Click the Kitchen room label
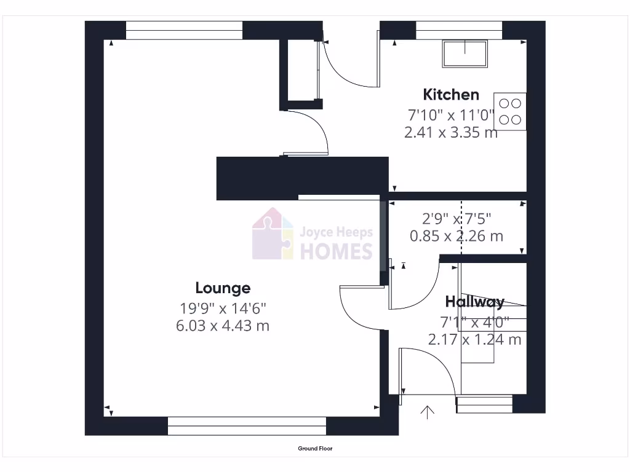[451, 95]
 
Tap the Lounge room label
[223, 288]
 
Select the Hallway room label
[475, 302]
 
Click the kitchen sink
[464, 53]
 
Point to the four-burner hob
[510, 111]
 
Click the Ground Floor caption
[315, 449]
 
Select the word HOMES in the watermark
[336, 251]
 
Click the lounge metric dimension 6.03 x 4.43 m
[223, 326]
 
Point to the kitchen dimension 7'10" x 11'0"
[451, 115]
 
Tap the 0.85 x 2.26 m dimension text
[457, 235]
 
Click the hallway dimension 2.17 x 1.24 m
[475, 339]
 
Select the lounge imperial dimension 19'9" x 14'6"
[223, 307]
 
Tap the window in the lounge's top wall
[184, 29]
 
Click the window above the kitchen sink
[459, 29]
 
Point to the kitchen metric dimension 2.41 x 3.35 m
[451, 132]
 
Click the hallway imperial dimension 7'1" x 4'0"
[475, 321]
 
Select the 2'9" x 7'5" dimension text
[457, 218]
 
